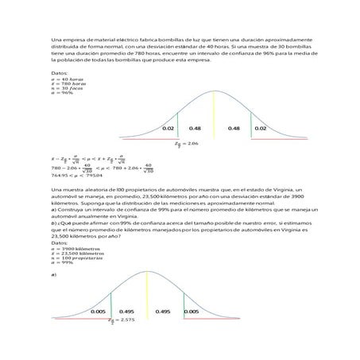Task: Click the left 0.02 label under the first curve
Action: (x=168, y=128)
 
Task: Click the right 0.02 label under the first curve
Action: (x=260, y=128)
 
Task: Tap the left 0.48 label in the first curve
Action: (x=195, y=128)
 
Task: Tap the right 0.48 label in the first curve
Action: (x=234, y=128)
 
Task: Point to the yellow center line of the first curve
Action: (x=215, y=112)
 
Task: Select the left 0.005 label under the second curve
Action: (x=99, y=312)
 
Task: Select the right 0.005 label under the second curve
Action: (x=192, y=312)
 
